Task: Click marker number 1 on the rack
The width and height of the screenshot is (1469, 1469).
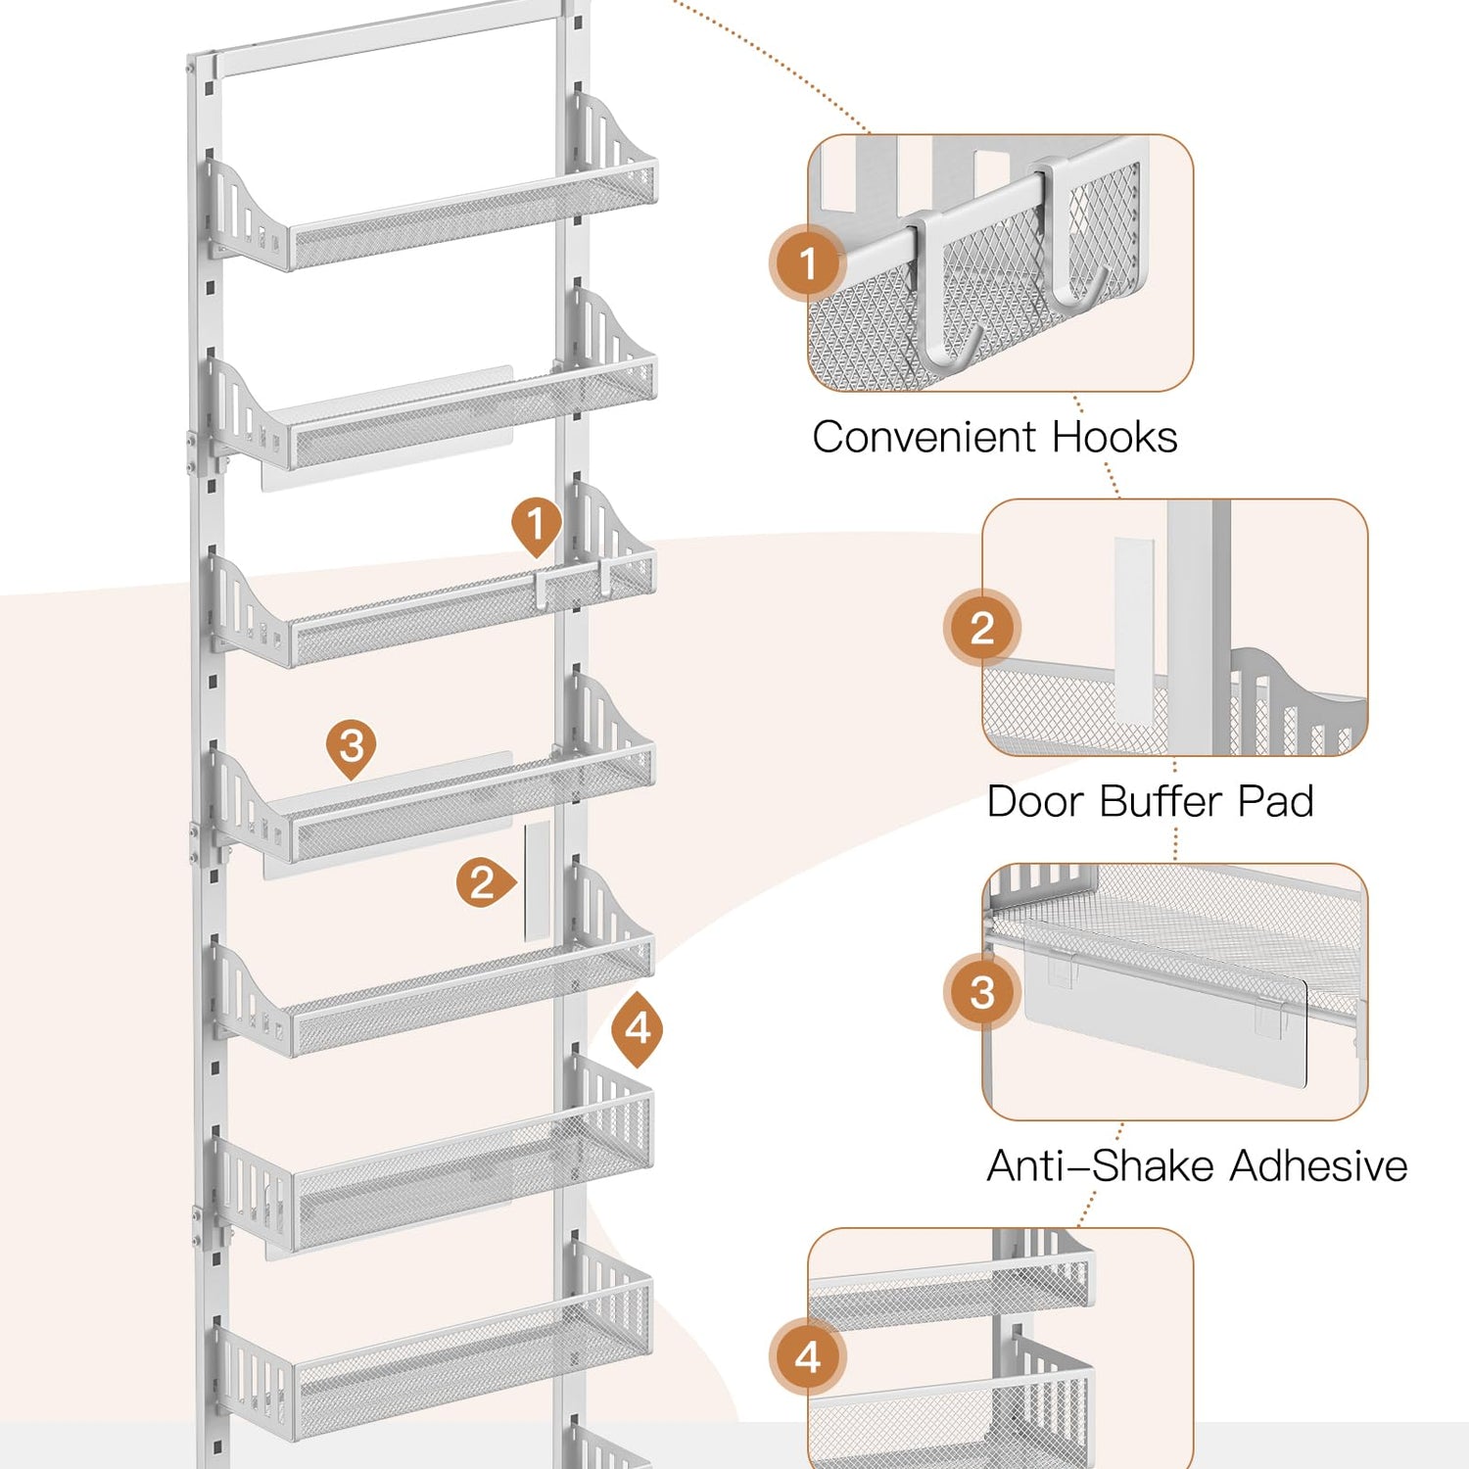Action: [536, 524]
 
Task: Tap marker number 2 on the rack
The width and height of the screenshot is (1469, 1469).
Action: [482, 883]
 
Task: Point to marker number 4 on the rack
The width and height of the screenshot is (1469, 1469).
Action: [638, 1027]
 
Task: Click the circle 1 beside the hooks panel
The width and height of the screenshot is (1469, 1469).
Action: [808, 263]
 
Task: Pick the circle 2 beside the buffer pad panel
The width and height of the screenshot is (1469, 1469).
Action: [982, 628]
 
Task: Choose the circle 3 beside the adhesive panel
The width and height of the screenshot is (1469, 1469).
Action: [982, 992]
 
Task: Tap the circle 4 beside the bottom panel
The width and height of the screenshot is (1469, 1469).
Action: [808, 1357]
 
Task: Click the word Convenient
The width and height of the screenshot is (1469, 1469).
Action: [924, 437]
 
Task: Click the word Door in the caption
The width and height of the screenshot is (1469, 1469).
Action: [1034, 802]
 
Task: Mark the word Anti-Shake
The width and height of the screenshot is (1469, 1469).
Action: [1101, 1166]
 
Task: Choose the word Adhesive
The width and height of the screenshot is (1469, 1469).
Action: [1319, 1166]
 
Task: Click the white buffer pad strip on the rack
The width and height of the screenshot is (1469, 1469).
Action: [537, 881]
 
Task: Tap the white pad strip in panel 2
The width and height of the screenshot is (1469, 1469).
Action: [1134, 627]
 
